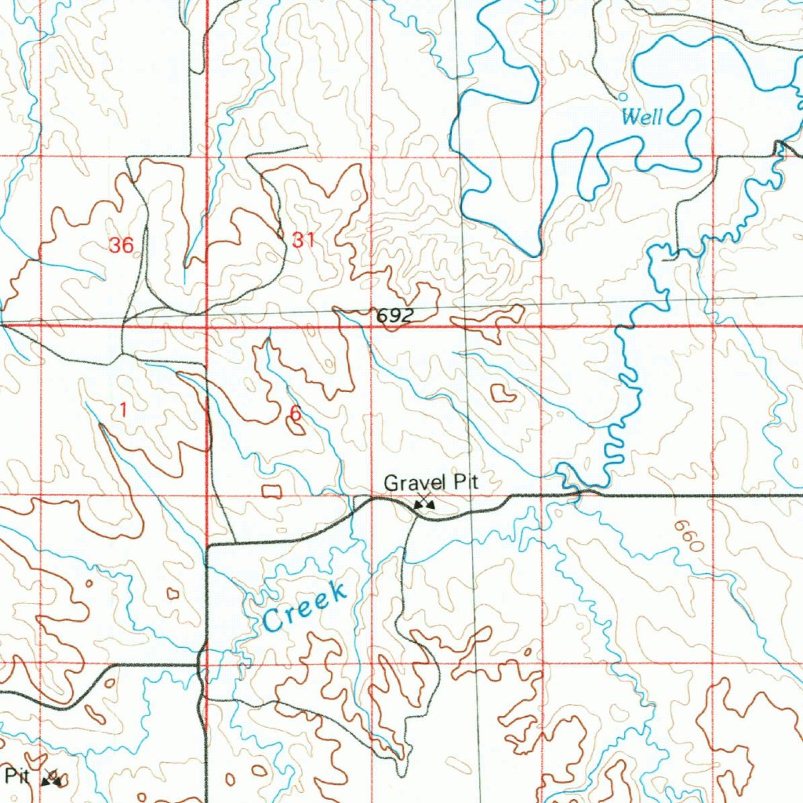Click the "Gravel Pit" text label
coord(431,483)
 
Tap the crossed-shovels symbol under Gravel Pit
coord(424,504)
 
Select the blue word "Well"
coord(641,118)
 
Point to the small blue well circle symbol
coord(623,96)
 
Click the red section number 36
coord(122,245)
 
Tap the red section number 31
coord(303,242)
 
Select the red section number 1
coord(122,409)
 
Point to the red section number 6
coord(295,412)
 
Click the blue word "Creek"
coord(305,607)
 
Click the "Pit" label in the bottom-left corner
coord(16,776)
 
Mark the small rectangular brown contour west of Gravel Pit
coord(272,491)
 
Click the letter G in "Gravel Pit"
coord(391,483)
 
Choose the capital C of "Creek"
coord(273,621)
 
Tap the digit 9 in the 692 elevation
coord(394,316)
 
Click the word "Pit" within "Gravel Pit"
coord(463,483)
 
